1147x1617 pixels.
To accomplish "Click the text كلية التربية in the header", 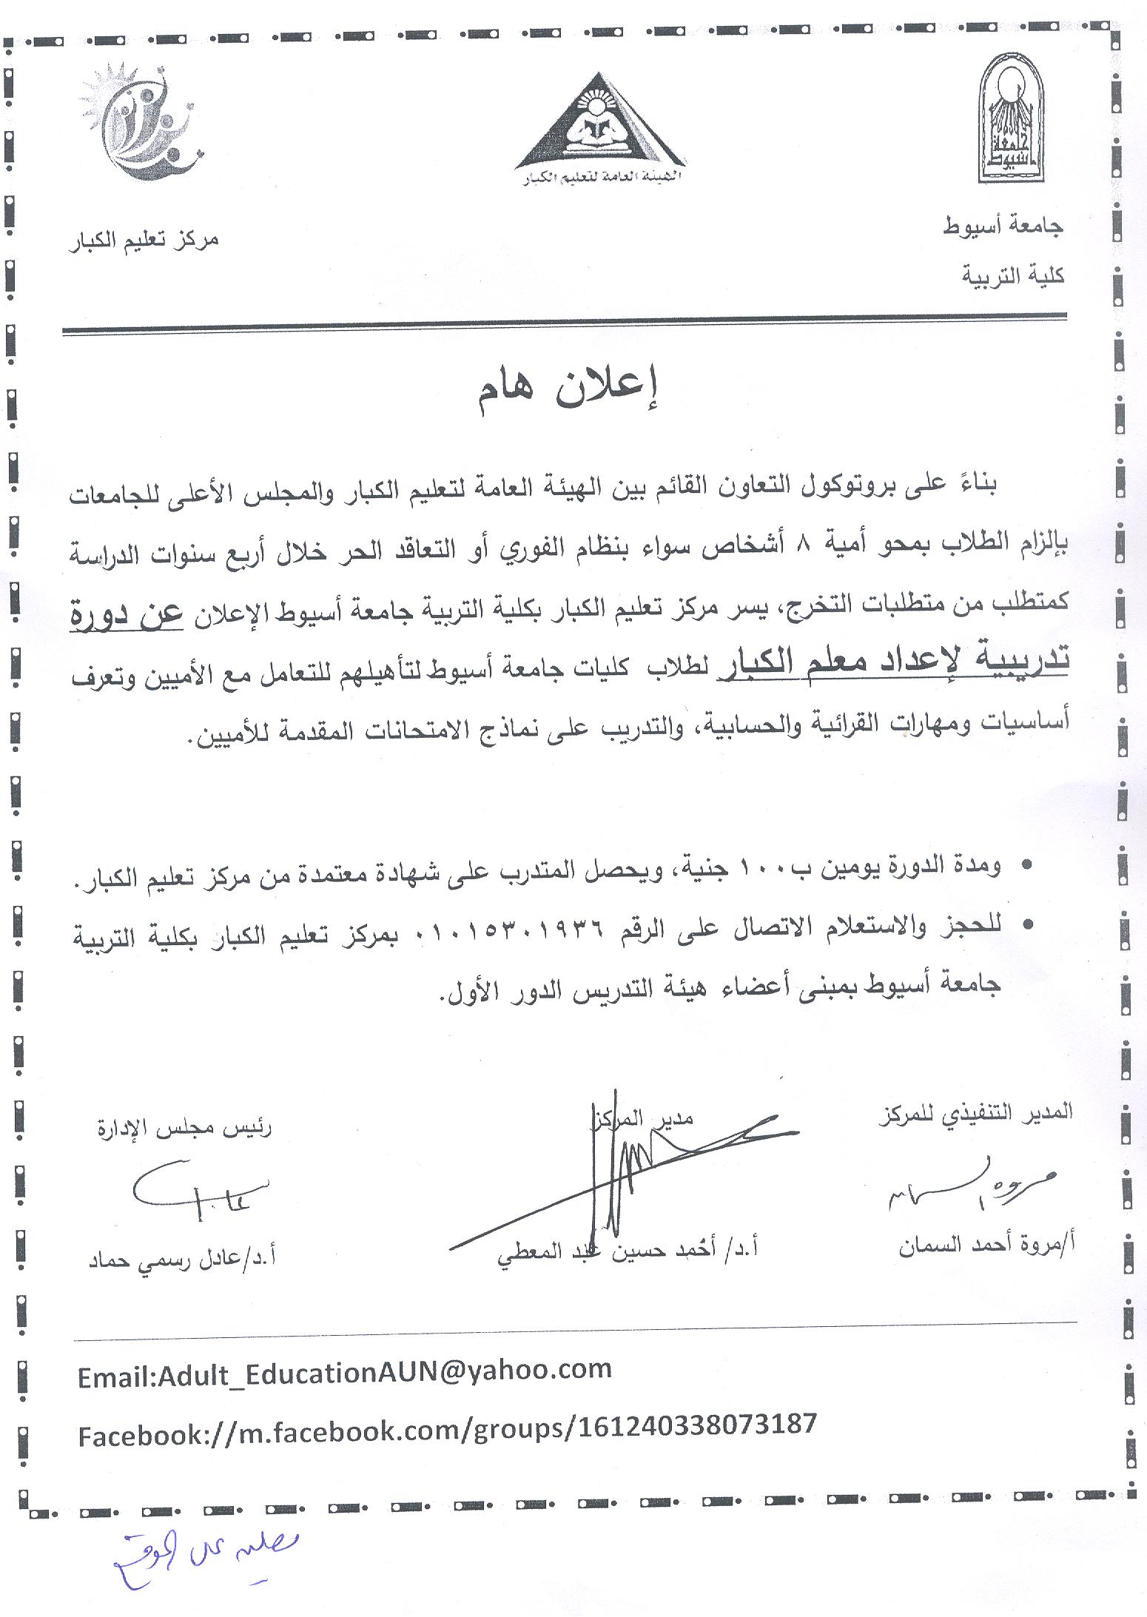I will coord(1012,275).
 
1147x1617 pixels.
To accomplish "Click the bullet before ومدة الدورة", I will coord(1025,866).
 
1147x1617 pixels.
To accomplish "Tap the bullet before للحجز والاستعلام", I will coord(1025,926).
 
